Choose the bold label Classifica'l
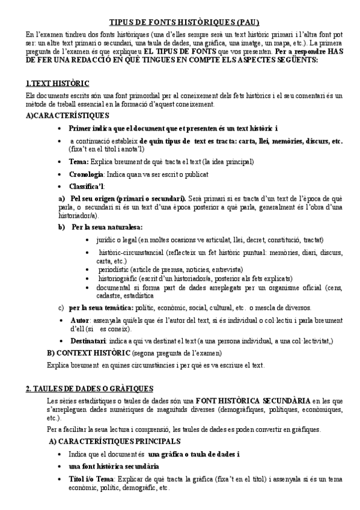point(87,186)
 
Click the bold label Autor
point(80,321)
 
